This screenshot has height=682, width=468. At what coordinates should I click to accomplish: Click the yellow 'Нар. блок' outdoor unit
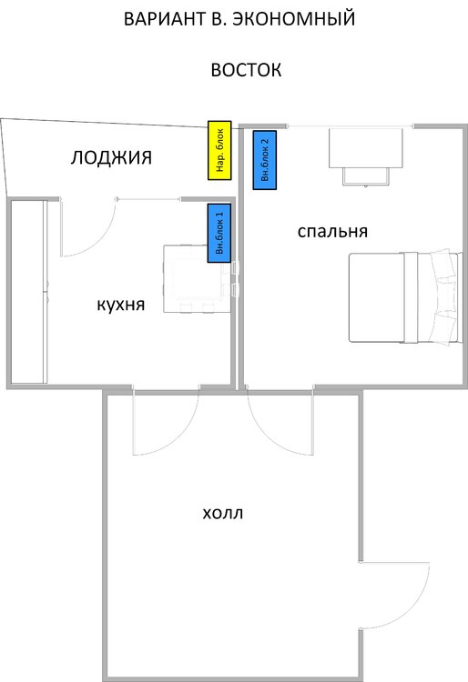(x=219, y=150)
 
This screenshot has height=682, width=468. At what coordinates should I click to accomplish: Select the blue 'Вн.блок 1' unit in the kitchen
(x=219, y=233)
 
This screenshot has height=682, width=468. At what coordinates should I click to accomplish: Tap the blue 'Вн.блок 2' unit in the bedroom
(x=265, y=160)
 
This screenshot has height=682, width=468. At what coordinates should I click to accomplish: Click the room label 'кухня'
(x=120, y=305)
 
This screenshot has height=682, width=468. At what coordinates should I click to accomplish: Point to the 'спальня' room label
(x=332, y=231)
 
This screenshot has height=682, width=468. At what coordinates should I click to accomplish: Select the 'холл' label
(x=223, y=513)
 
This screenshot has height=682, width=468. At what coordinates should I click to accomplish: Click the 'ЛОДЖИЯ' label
(x=111, y=157)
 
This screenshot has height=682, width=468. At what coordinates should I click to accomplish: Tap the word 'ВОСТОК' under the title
(x=246, y=70)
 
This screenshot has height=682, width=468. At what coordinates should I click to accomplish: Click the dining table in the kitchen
(x=198, y=279)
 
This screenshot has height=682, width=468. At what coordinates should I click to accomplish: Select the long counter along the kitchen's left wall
(x=29, y=291)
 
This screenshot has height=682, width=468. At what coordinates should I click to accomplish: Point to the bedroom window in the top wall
(x=351, y=126)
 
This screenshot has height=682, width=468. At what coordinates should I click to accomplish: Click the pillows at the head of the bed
(x=444, y=298)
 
